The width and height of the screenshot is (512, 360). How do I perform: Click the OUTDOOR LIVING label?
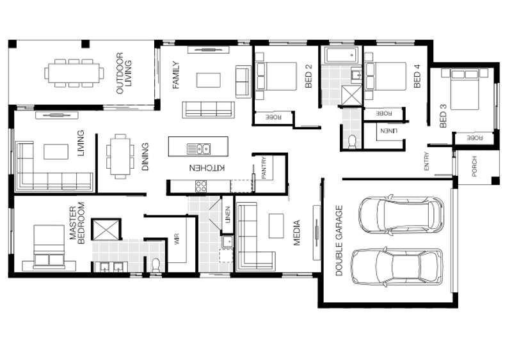coord(124,74)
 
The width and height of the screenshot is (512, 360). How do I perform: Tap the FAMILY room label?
coord(177,75)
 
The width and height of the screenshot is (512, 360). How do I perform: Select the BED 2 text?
coord(308,75)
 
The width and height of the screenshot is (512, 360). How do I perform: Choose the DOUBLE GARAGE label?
coord(339,240)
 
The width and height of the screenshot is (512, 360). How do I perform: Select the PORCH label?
coord(474,168)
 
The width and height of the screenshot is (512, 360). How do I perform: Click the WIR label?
coord(177,240)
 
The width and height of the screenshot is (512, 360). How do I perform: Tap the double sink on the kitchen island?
coord(199,149)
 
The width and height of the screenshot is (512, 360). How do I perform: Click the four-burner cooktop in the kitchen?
coord(200,187)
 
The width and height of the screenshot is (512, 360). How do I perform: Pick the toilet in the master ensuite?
coord(155,264)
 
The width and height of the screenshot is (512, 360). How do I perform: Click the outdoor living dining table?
coord(74,72)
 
